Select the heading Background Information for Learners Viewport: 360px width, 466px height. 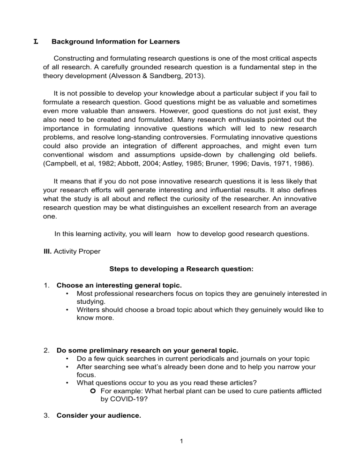[x=115, y=42]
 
